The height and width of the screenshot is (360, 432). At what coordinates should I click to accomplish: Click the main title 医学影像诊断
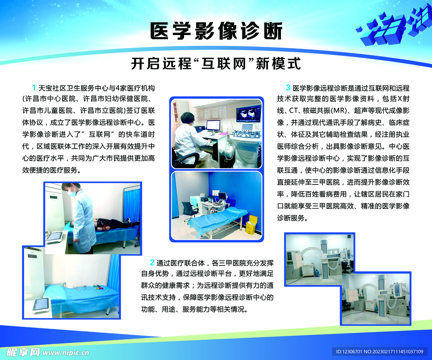coord(216,31)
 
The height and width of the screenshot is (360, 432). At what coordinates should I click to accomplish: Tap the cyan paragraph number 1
coord(34,88)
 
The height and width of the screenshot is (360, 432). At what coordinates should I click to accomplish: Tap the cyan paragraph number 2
coord(151,263)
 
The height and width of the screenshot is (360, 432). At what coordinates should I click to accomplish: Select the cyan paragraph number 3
coord(288,88)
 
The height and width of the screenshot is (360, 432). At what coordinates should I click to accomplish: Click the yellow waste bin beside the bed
coord(251,225)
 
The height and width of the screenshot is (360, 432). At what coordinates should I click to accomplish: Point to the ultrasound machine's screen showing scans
coord(248,113)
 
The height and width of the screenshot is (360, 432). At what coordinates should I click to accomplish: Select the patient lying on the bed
coord(114,223)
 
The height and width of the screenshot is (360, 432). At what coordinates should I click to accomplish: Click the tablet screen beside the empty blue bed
coord(41,304)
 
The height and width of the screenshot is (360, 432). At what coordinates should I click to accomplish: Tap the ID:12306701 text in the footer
coord(349,352)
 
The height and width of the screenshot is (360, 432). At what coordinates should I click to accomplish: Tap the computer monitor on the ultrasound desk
coord(213,125)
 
